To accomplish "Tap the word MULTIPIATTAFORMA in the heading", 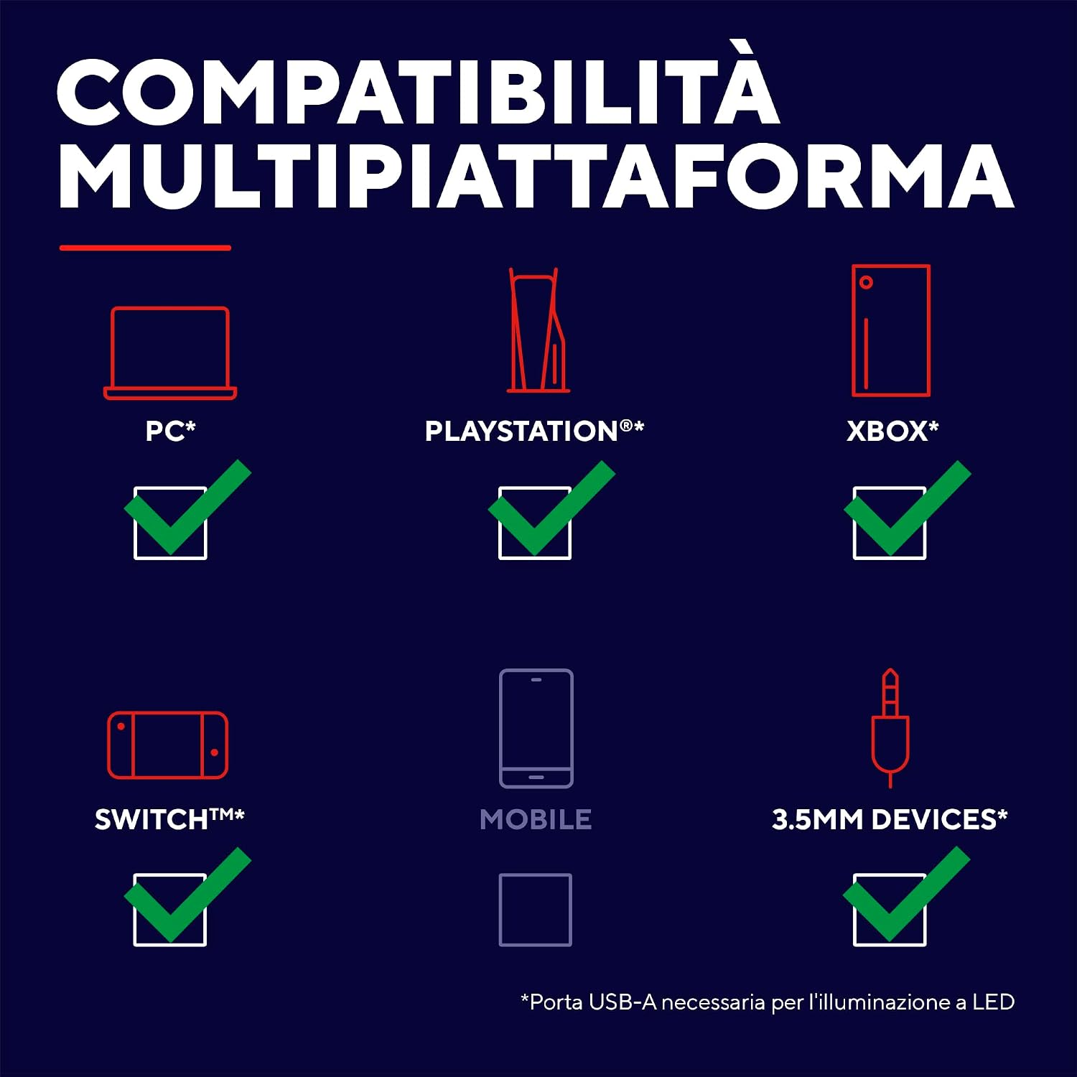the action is pyautogui.click(x=536, y=176).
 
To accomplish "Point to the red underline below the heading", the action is pyautogui.click(x=145, y=248).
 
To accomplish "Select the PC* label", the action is pyautogui.click(x=170, y=431).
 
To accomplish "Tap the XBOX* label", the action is pyautogui.click(x=892, y=431).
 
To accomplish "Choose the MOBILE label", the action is pyautogui.click(x=536, y=819).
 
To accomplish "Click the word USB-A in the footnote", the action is pyautogui.click(x=623, y=1002).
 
